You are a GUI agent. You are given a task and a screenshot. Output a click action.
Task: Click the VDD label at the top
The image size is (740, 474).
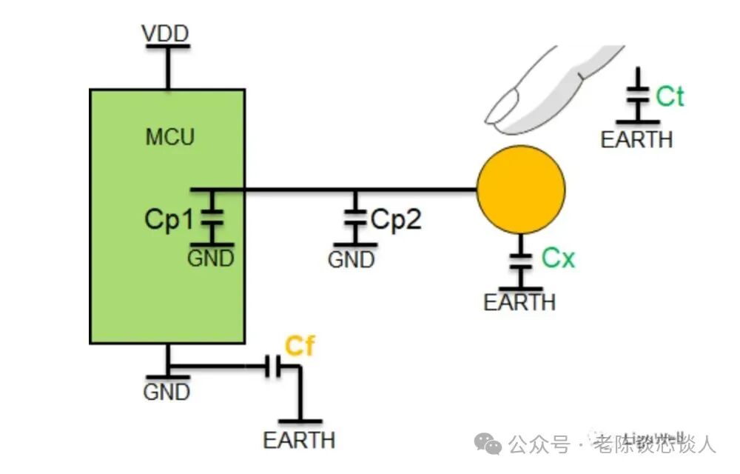point(166,34)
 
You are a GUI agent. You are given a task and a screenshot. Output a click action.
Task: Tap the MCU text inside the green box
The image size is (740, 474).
point(169,137)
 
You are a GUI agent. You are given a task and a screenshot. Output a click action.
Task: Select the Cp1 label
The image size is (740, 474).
point(168,220)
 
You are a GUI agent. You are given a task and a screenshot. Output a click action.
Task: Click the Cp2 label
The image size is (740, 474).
point(396,219)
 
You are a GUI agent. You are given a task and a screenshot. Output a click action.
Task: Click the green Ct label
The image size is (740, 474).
point(670,96)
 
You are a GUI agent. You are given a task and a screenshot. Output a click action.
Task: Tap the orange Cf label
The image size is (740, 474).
point(300,346)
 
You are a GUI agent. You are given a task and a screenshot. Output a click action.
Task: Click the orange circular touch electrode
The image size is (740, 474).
point(520,190)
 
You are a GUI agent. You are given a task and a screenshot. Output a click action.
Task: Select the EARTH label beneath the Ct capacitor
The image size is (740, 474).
point(636,139)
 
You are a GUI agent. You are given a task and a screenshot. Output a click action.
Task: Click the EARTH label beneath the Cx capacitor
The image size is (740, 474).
point(519,302)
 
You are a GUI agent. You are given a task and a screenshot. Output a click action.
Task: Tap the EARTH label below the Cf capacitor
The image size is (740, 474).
point(299,440)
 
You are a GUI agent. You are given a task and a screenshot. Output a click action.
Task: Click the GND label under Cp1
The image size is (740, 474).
point(211,258)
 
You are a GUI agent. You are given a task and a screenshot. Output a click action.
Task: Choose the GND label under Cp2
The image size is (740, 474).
point(351,260)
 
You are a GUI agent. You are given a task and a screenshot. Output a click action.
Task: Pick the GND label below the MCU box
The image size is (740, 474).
point(167,391)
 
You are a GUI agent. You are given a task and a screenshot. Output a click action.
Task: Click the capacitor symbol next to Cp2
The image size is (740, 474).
point(355,218)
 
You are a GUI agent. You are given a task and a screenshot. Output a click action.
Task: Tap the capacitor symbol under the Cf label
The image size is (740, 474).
point(275,367)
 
